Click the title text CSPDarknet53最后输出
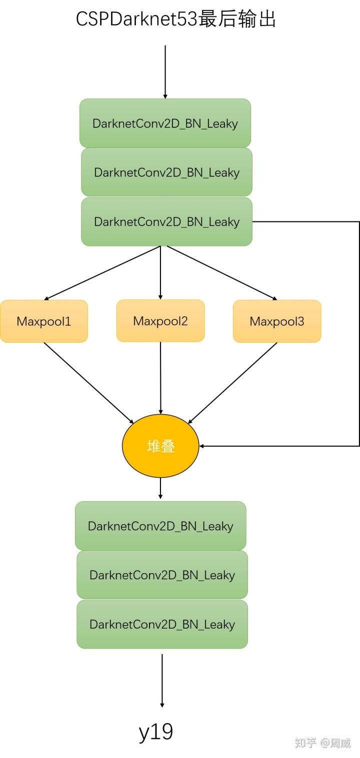pyautogui.click(x=176, y=19)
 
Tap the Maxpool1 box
pyautogui.click(x=44, y=321)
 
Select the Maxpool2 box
pyautogui.click(x=160, y=321)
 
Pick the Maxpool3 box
pyautogui.click(x=277, y=321)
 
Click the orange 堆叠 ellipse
pyautogui.click(x=160, y=446)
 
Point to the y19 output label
pyautogui.click(x=156, y=732)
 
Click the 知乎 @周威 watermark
pyautogui.click(x=322, y=743)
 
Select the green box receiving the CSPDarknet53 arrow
pyautogui.click(x=165, y=123)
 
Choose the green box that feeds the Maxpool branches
pyautogui.click(x=166, y=222)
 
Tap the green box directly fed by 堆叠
pyautogui.click(x=160, y=526)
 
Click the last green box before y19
pyautogui.click(x=162, y=625)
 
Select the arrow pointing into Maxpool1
pyautogui.click(x=102, y=273)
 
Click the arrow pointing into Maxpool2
pyautogui.click(x=160, y=273)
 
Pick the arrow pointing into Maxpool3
pyautogui.click(x=222, y=273)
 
